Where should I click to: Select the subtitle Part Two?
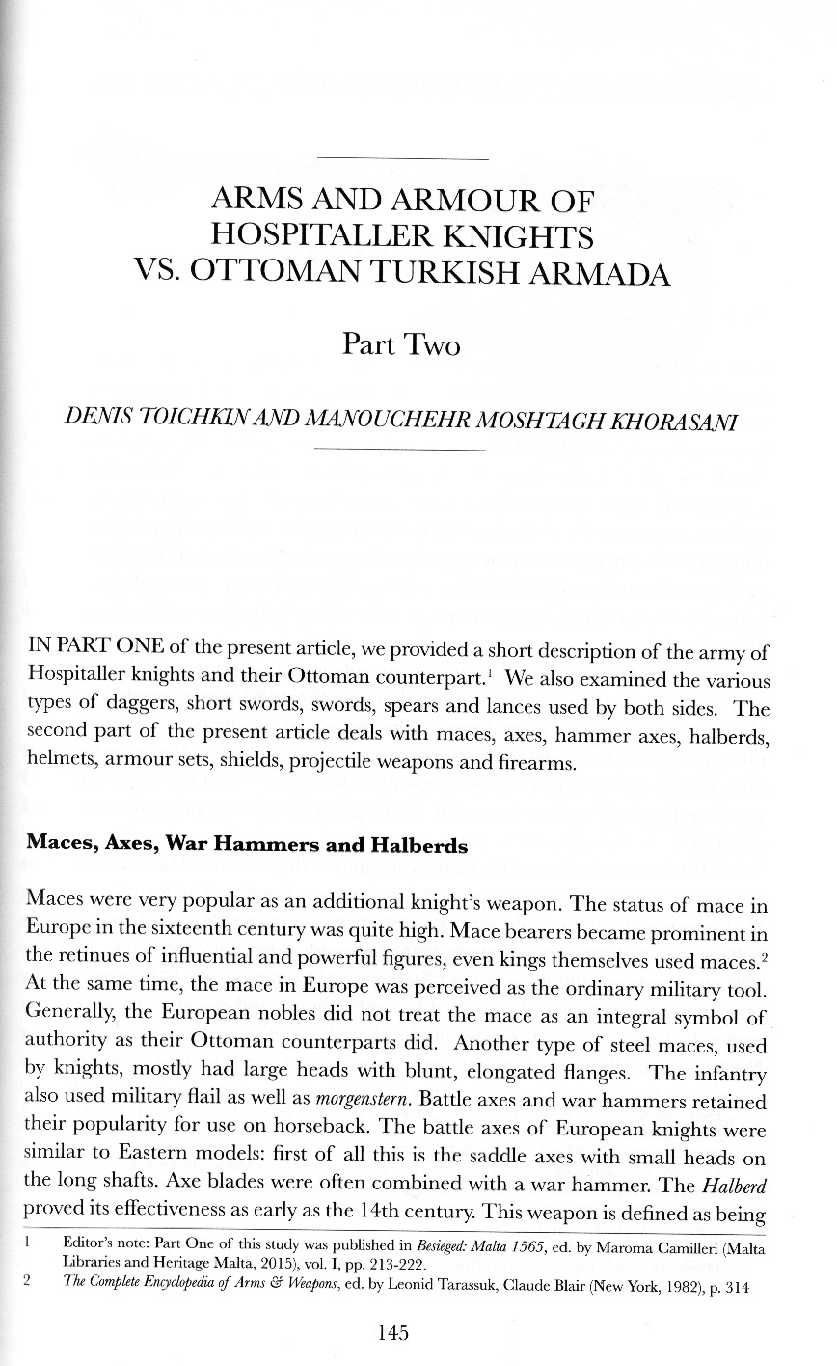pos(401,343)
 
